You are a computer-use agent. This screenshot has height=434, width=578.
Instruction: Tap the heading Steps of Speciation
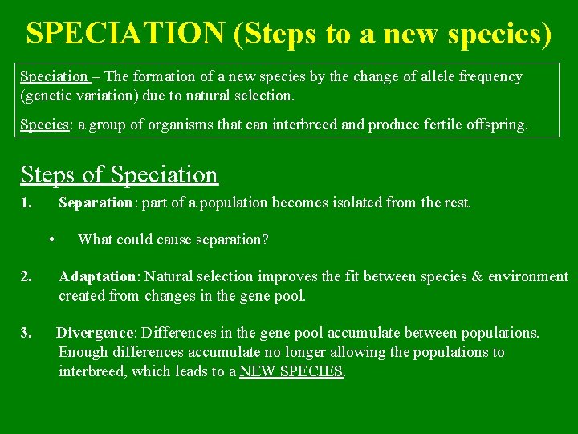119,174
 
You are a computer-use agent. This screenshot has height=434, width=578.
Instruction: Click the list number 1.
26,203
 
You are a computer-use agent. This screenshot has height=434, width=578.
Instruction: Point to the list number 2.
26,277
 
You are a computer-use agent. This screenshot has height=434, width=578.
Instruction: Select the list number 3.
26,333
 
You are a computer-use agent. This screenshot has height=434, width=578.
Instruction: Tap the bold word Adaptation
97,277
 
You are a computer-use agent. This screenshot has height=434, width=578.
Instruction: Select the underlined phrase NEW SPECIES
291,371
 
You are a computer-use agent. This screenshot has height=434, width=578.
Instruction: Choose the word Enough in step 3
83,352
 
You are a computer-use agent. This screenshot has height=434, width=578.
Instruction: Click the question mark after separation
265,240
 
